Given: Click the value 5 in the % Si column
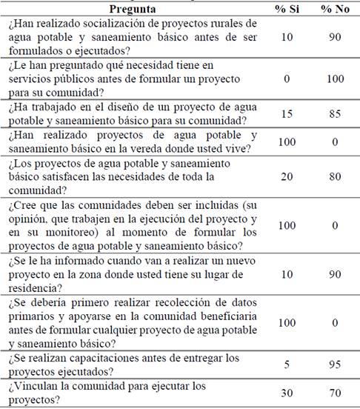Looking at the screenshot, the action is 288,364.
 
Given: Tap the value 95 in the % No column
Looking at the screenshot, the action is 335,364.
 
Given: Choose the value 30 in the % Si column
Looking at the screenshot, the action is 288,394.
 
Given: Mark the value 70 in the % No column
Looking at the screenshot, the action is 335,394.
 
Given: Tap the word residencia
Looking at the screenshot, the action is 32,287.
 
